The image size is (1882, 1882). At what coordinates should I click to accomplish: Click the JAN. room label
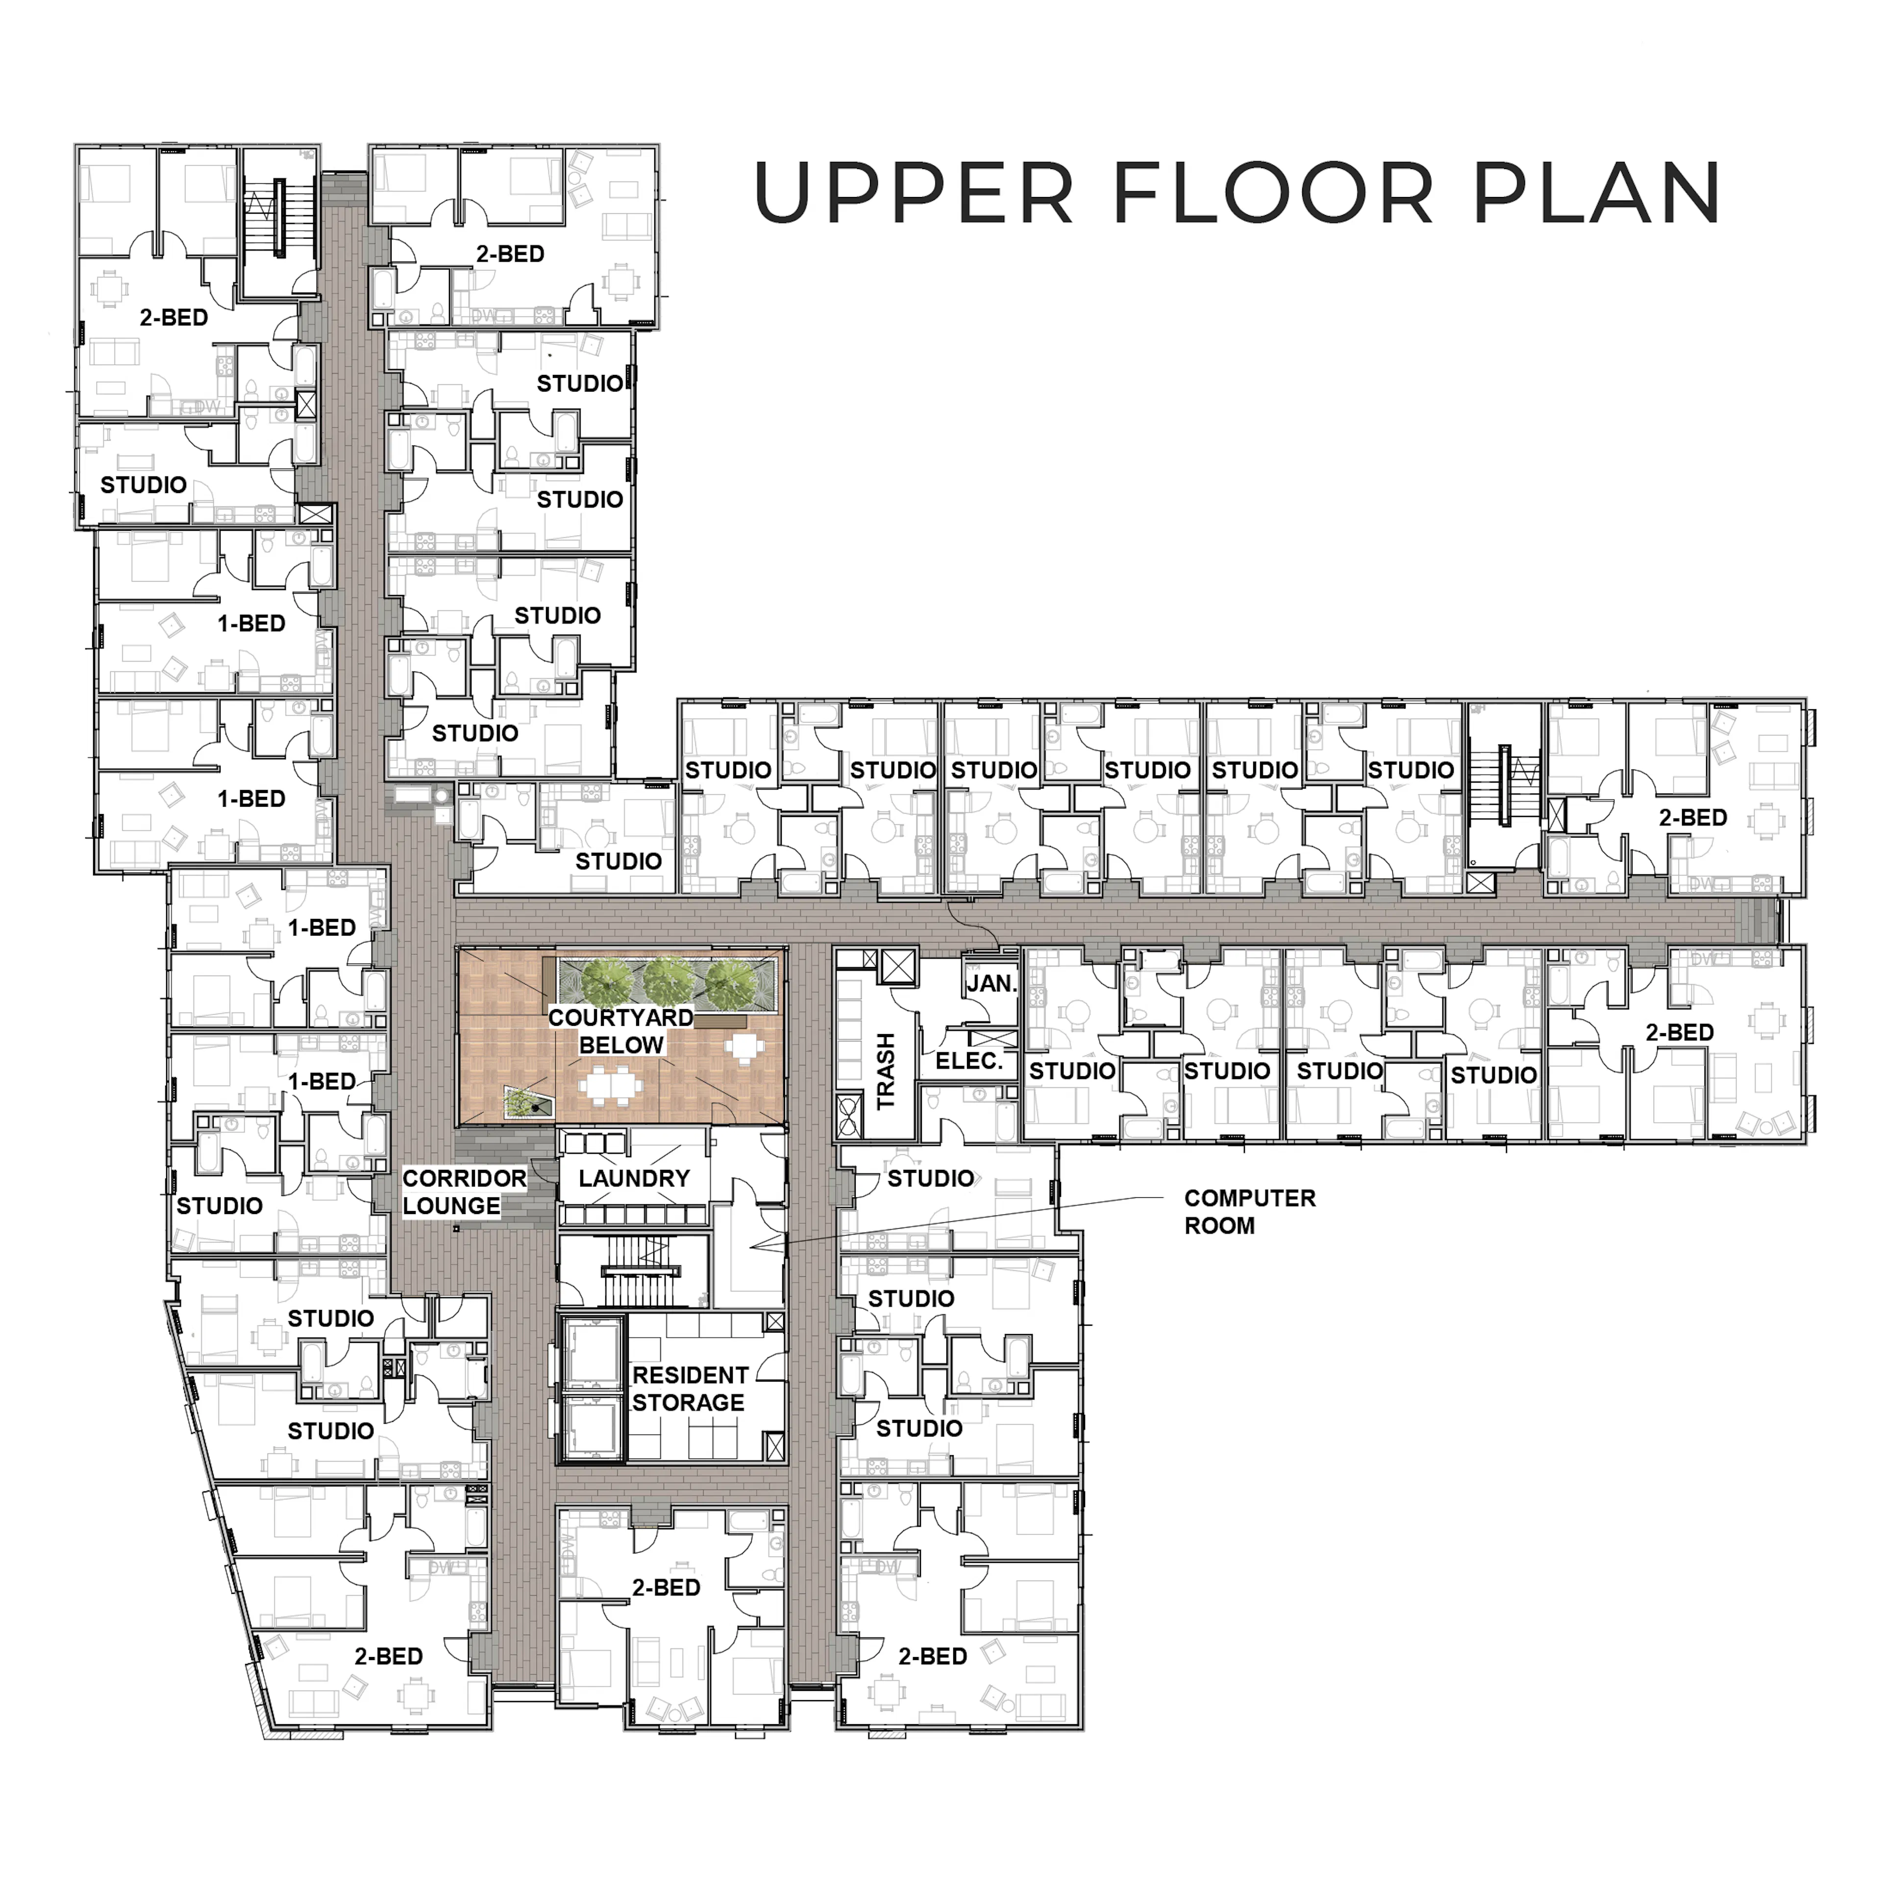[x=991, y=984]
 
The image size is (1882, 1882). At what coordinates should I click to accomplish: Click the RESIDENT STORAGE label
[x=690, y=1389]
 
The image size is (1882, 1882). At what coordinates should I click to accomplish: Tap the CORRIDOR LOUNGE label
[x=464, y=1192]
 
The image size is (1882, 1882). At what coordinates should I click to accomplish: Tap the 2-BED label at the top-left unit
[x=173, y=318]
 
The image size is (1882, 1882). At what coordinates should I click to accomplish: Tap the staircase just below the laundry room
[x=633, y=1271]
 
